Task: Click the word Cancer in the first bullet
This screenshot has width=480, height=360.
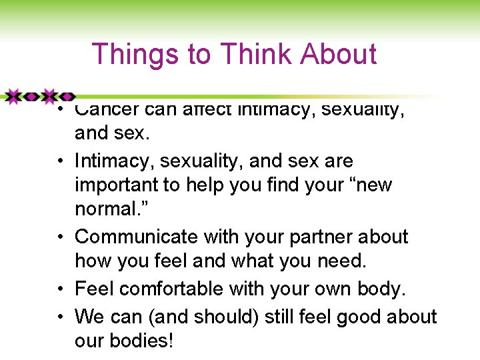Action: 107,110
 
